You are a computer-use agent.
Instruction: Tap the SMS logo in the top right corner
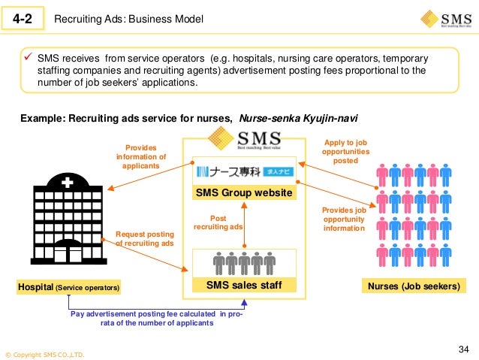pyautogui.click(x=447, y=18)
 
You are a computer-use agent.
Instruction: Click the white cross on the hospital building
pyautogui.click(x=68, y=183)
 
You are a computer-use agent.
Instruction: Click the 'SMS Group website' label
pyautogui.click(x=244, y=192)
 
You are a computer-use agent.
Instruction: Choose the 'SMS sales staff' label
pyautogui.click(x=244, y=286)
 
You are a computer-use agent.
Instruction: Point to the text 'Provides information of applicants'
pyautogui.click(x=141, y=156)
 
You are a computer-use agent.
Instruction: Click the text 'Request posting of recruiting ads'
pyautogui.click(x=145, y=238)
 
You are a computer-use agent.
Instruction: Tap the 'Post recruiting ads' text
pyautogui.click(x=218, y=223)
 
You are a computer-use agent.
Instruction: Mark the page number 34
pyautogui.click(x=462, y=349)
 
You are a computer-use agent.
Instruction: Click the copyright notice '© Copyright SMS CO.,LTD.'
pyautogui.click(x=45, y=354)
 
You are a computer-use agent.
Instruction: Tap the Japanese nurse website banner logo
pyautogui.click(x=245, y=171)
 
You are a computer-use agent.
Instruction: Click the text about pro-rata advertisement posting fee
pyautogui.click(x=157, y=318)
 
